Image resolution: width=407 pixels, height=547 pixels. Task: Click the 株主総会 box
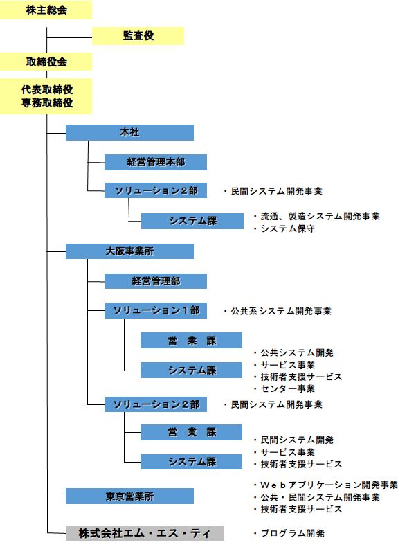(46, 10)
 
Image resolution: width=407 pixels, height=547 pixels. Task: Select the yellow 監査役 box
(138, 35)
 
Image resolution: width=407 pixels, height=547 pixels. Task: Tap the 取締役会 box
(46, 62)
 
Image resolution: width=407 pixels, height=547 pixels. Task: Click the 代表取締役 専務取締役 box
(46, 96)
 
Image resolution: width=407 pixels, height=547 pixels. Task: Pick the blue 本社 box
(129, 132)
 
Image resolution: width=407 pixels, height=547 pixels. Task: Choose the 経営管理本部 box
(156, 162)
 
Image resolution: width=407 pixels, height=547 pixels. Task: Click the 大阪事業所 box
(129, 251)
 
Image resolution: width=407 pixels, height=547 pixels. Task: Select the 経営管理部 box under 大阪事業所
(156, 281)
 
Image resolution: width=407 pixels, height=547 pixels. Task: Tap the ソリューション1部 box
(156, 310)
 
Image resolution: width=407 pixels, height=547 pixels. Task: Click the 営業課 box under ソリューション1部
(192, 341)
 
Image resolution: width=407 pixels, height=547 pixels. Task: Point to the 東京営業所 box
(129, 496)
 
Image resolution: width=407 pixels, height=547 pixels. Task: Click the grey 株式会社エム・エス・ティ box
(145, 533)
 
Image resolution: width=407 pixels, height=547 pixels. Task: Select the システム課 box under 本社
(192, 221)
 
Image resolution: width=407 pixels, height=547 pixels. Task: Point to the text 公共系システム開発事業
(281, 311)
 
